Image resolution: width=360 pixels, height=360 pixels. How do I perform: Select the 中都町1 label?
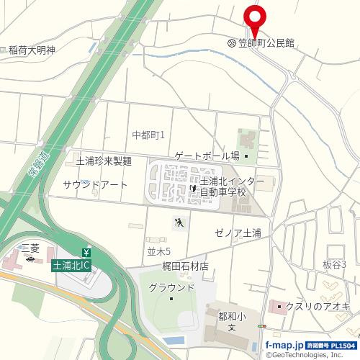coord(149,135)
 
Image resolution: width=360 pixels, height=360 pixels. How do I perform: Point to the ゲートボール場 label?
coord(207,156)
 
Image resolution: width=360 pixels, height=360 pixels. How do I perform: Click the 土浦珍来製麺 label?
coord(104,161)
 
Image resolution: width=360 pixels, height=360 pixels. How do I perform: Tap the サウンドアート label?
coord(95,185)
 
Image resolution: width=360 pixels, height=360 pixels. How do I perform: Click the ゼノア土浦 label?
coord(238,233)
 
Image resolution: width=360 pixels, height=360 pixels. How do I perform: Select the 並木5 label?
coord(158,251)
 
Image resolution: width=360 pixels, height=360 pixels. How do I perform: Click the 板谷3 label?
coord(334,264)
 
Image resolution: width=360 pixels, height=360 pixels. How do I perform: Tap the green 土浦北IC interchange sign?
coord(71,266)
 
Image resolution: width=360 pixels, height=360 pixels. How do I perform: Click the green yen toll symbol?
coord(87,252)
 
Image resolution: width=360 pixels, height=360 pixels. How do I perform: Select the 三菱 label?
coord(30,247)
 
